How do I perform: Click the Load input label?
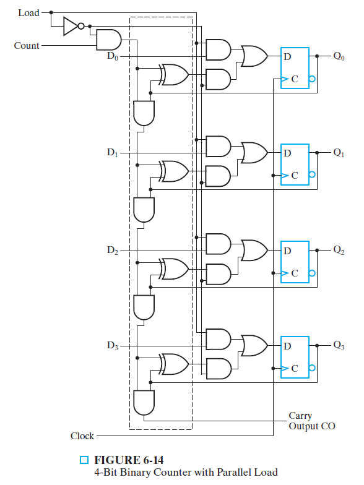(x=28, y=12)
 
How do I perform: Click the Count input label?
(x=27, y=46)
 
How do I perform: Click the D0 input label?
(x=112, y=56)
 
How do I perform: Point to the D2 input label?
(x=112, y=251)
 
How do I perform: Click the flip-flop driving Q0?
(x=295, y=67)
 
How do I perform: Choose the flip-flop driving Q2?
(x=295, y=260)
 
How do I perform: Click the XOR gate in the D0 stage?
(x=174, y=75)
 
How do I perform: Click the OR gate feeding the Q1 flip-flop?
(x=254, y=152)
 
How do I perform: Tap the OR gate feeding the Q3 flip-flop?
(x=254, y=345)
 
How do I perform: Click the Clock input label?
(x=82, y=436)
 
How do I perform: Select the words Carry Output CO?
(x=311, y=421)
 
